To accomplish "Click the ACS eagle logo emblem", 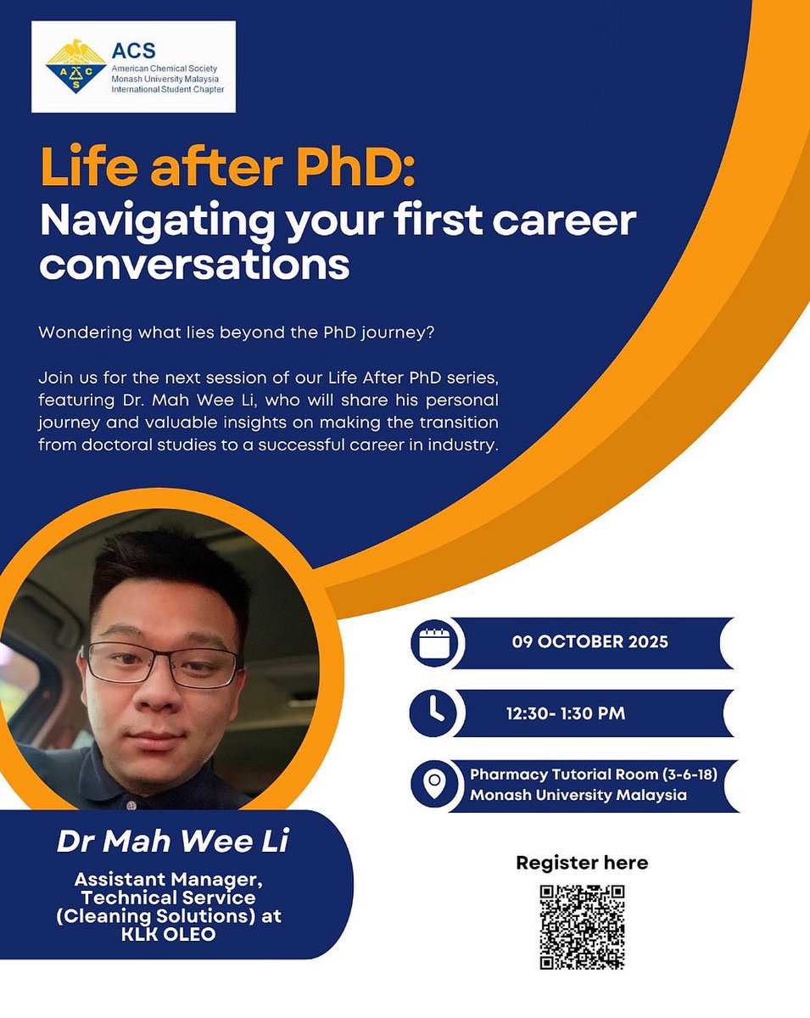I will pos(75,65).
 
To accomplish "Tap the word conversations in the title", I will pos(194,265).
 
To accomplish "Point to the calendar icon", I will pos(433,642).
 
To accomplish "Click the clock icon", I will pos(433,713).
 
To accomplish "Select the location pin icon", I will pos(433,786).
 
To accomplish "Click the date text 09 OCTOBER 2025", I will pos(589,642).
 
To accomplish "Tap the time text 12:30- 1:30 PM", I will pos(566,713).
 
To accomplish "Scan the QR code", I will pos(582,926).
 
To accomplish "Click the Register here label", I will pos(582,863).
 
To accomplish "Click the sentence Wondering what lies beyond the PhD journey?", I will pos(237,332).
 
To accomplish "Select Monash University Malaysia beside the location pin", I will pos(578,795).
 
